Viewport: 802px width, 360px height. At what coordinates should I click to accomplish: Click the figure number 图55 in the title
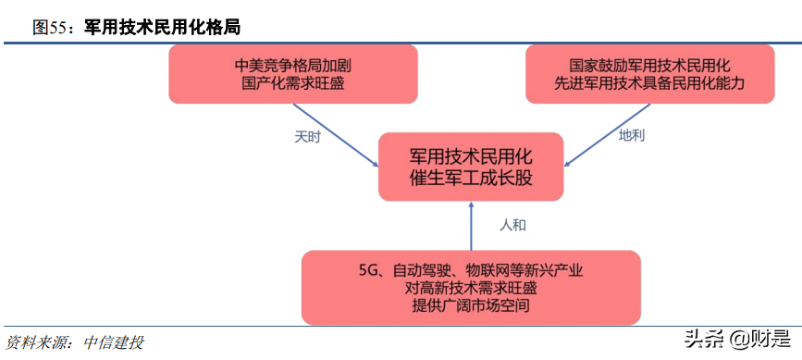(x=52, y=28)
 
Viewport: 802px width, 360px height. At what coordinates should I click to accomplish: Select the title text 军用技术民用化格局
(x=162, y=28)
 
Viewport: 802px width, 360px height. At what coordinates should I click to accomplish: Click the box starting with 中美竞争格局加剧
(x=292, y=73)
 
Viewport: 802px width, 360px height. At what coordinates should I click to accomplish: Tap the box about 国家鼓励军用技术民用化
(x=650, y=73)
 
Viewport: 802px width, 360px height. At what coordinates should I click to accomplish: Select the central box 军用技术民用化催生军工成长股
(x=471, y=166)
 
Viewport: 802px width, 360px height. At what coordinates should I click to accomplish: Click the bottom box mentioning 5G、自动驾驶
(x=470, y=287)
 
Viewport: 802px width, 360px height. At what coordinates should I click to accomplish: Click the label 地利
(x=632, y=136)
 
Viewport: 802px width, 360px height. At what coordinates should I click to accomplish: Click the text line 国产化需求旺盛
(x=292, y=82)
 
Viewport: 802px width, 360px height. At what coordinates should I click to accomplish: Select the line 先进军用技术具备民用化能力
(x=650, y=82)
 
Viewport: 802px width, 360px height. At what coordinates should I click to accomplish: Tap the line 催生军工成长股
(x=471, y=178)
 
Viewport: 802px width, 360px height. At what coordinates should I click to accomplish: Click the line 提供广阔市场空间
(x=470, y=305)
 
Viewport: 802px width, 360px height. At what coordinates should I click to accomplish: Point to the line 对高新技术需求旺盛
(x=470, y=288)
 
